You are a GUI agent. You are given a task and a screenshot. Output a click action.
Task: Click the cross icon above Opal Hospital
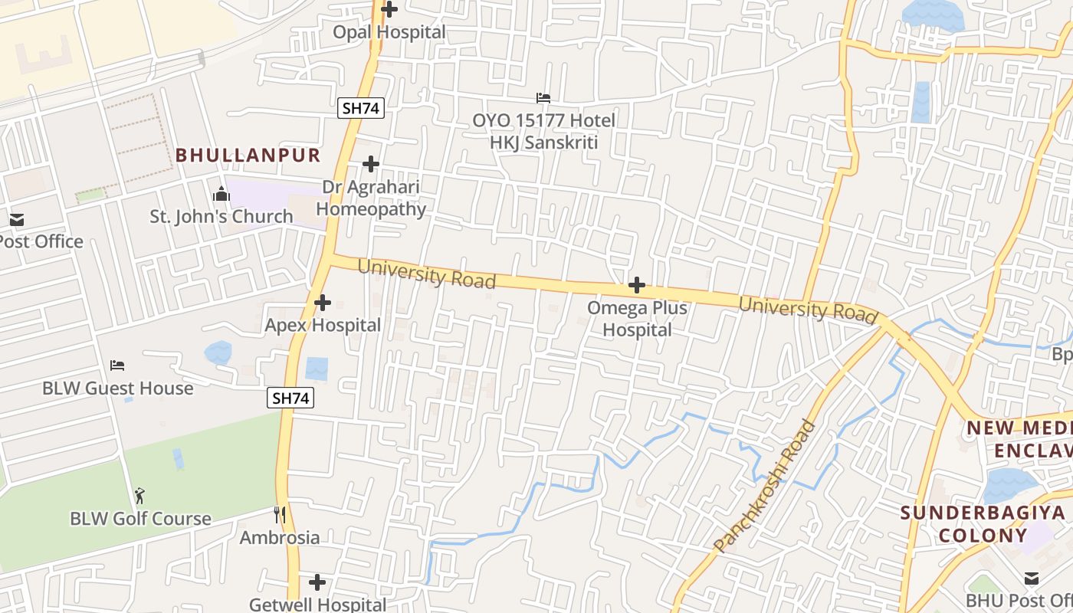pos(389,9)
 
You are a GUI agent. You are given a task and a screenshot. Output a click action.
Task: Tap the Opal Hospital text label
pos(389,32)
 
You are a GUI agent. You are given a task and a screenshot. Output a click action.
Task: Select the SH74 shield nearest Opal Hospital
pos(360,108)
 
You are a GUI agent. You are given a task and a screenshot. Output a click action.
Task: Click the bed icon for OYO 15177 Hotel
pos(543,98)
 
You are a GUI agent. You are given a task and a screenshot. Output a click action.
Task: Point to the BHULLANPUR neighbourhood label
pos(248,155)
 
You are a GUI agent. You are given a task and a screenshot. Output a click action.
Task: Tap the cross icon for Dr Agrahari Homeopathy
pos(371,164)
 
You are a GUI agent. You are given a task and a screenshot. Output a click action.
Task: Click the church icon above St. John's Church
pos(221,194)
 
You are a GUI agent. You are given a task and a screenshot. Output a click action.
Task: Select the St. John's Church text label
pos(221,217)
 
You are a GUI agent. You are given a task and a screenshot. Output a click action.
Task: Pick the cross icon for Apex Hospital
pos(323,303)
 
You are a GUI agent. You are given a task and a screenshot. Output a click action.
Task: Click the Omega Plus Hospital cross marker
pos(637,286)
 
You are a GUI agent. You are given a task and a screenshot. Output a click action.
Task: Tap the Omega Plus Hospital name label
pos(637,319)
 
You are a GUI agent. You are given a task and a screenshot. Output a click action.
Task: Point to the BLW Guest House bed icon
pos(117,365)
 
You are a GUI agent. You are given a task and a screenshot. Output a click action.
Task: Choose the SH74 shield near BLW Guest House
pos(291,398)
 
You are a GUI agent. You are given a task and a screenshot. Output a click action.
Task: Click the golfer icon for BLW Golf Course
pos(139,496)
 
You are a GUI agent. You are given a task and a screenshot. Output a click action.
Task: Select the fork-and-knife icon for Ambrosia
pos(280,515)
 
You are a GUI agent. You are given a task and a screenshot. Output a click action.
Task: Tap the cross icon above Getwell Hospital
pos(317,582)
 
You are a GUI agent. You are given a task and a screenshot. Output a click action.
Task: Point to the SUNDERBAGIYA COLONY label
pos(983,524)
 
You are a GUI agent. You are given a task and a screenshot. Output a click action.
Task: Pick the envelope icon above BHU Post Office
pos(1032,578)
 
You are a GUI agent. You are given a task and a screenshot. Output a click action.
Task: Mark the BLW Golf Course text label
pos(140,519)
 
